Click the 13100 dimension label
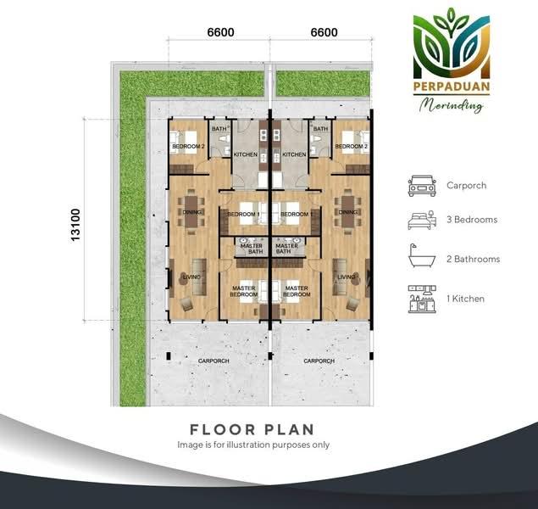[75, 225]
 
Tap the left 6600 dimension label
[220, 32]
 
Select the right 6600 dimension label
[324, 32]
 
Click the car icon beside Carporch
[422, 186]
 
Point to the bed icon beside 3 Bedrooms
[422, 221]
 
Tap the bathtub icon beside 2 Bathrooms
[422, 255]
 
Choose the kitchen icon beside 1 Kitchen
[422, 299]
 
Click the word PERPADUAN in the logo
[452, 87]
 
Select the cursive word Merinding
[452, 104]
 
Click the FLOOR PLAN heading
[252, 429]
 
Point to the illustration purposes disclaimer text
[253, 445]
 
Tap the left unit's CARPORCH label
[214, 361]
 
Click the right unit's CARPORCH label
[319, 361]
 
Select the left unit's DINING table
[191, 211]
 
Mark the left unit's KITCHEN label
[246, 154]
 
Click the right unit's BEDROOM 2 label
[352, 146]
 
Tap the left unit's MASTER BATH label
[252, 249]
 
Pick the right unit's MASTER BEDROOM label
[297, 291]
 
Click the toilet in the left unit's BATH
[224, 139]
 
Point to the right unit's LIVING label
[346, 277]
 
